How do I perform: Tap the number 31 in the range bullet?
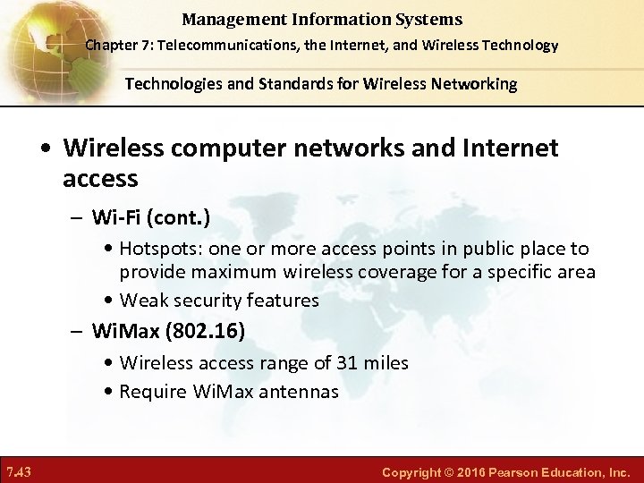click(x=344, y=363)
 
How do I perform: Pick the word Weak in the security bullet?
click(x=143, y=301)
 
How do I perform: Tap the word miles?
click(x=386, y=363)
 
